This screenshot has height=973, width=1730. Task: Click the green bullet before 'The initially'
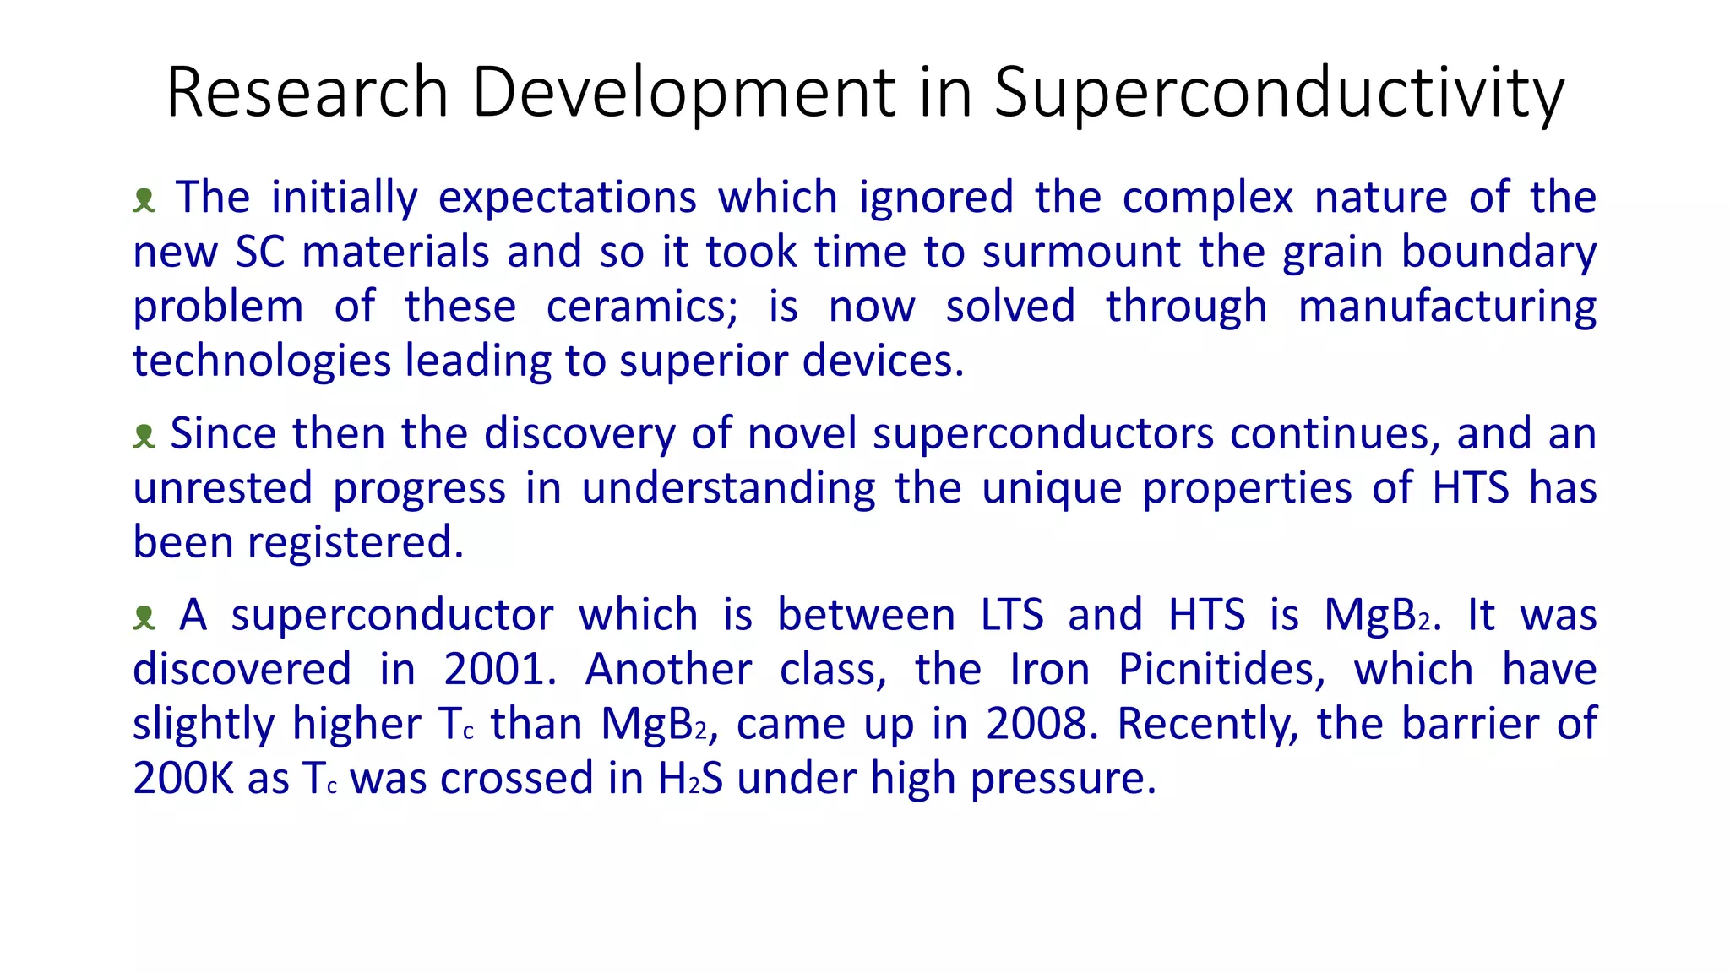pyautogui.click(x=144, y=200)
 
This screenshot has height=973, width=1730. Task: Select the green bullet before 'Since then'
pyautogui.click(x=144, y=436)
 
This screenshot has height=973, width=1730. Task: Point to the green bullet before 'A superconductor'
pyautogui.click(x=144, y=617)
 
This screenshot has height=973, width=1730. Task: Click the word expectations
pyautogui.click(x=567, y=198)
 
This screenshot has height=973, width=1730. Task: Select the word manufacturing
pyautogui.click(x=1446, y=307)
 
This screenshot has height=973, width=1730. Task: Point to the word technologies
pyautogui.click(x=262, y=361)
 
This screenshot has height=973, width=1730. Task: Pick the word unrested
pyautogui.click(x=223, y=488)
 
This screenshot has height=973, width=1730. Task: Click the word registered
pyautogui.click(x=356, y=542)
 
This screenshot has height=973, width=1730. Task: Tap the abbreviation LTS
pyautogui.click(x=1012, y=615)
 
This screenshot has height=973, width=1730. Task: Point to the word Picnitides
pyautogui.click(x=1221, y=670)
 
